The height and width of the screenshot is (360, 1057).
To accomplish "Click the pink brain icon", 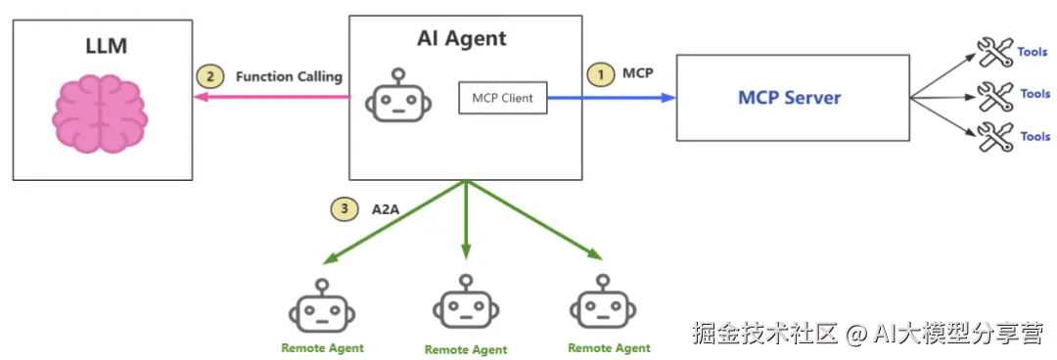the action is [x=100, y=113].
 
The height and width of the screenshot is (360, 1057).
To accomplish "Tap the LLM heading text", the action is [x=107, y=46].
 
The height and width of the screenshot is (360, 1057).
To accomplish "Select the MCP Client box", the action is [x=502, y=98].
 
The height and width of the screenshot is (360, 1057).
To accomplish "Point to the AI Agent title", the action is [x=462, y=38].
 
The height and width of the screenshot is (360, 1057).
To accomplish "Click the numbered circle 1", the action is [x=598, y=74].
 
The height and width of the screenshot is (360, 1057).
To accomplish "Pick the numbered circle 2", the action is [x=209, y=77].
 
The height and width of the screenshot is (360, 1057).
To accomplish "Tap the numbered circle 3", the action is [x=344, y=209].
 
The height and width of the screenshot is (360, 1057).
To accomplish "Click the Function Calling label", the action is [x=289, y=77].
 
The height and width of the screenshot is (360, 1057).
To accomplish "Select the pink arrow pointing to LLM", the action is [x=272, y=97].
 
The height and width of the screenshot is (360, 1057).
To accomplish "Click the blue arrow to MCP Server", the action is [x=612, y=98].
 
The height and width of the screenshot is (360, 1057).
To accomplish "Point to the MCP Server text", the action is [x=790, y=98].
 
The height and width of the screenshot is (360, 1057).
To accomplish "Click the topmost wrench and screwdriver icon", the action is [x=995, y=53].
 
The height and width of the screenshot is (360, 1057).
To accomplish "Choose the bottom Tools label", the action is [x=1035, y=136].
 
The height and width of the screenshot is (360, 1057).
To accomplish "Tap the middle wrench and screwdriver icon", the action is [x=995, y=97].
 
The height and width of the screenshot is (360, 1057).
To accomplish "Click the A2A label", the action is [x=386, y=209].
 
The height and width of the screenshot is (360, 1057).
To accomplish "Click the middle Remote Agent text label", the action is [x=466, y=350].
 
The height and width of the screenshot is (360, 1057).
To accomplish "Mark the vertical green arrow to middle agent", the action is [x=466, y=220].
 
